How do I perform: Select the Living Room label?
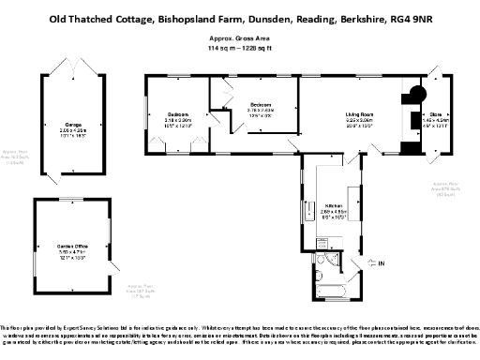click(x=358, y=114)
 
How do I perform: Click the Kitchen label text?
click(x=334, y=205)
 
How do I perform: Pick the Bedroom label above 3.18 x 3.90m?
click(x=179, y=114)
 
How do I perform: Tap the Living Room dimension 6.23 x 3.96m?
click(x=358, y=121)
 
